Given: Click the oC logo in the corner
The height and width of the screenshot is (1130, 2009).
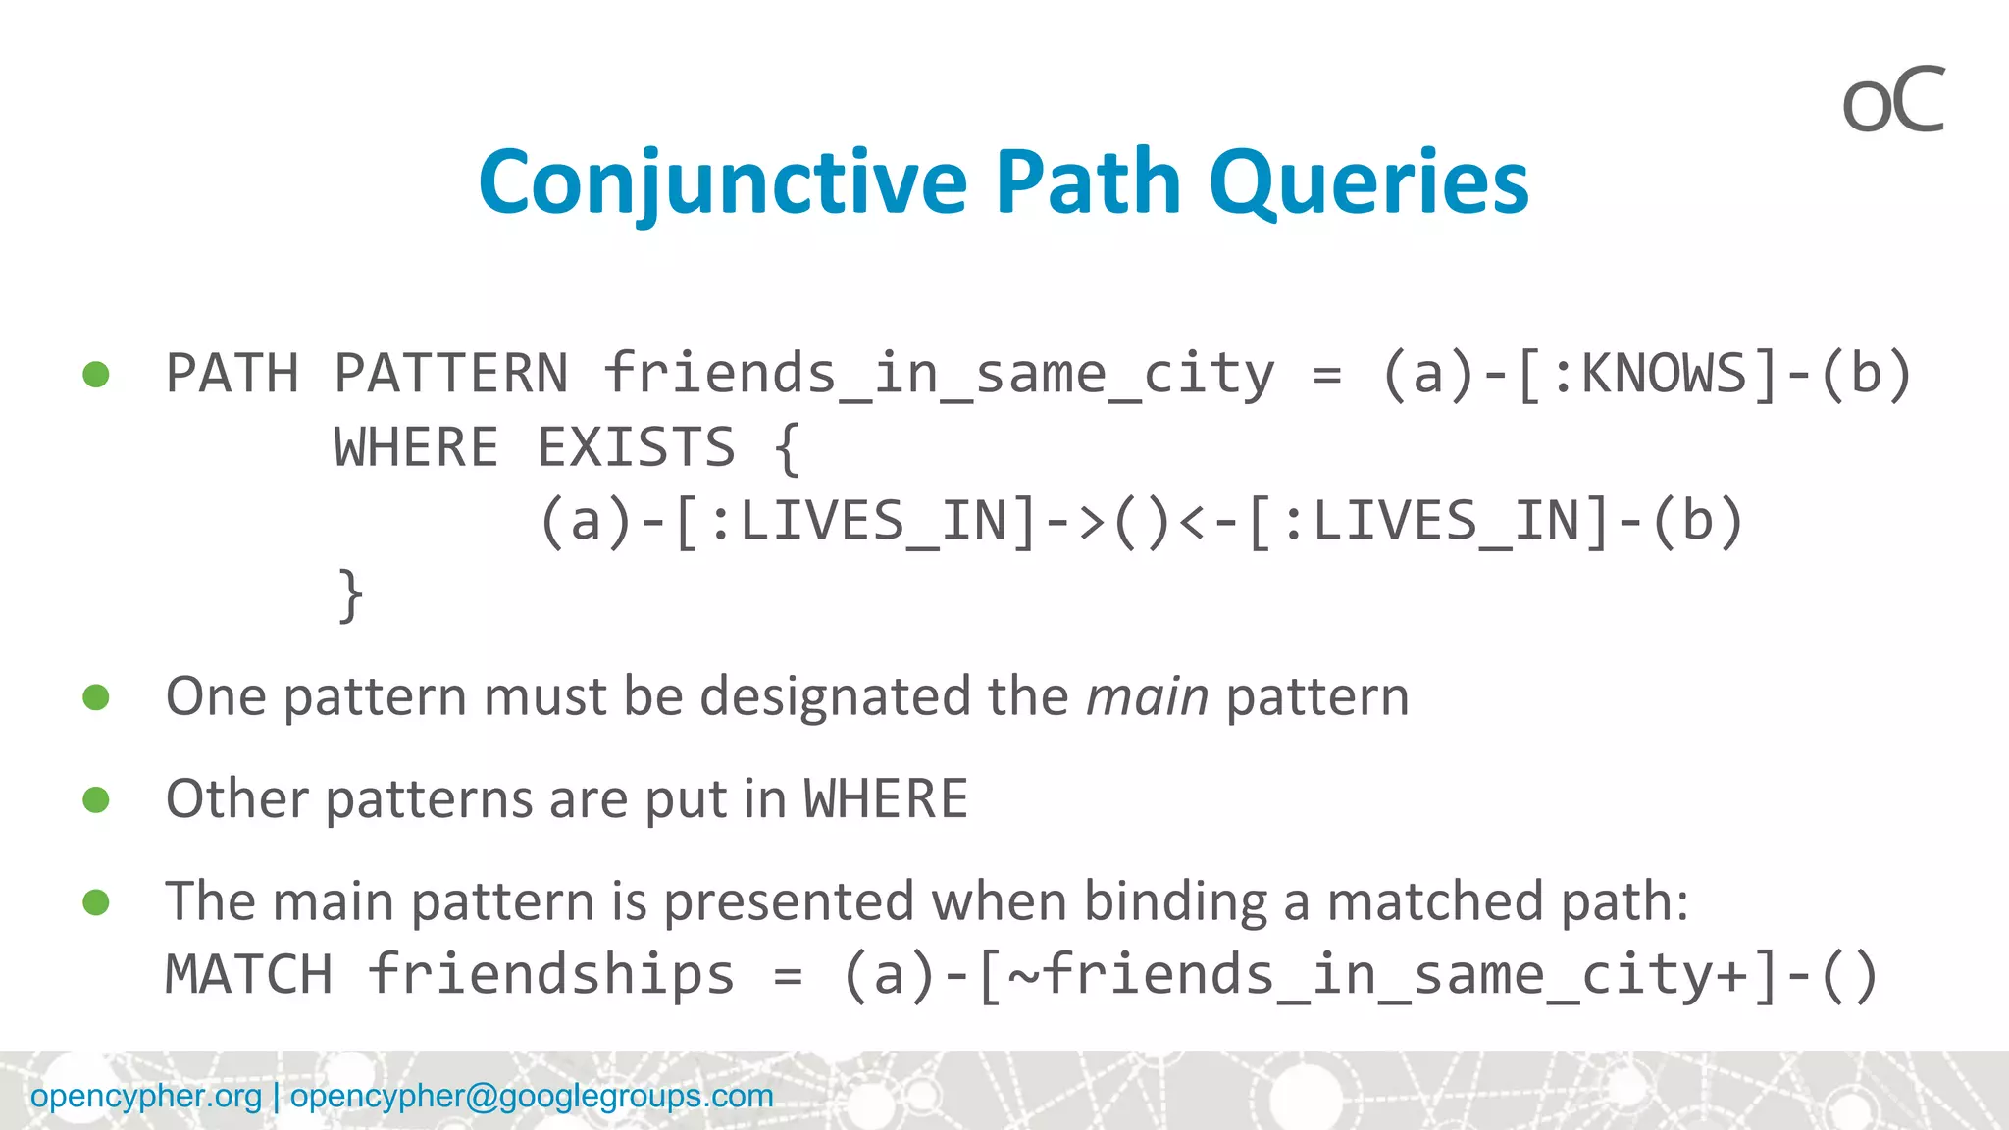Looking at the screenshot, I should pos(1892,100).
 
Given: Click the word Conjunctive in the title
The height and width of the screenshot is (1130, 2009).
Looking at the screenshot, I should pos(723,183).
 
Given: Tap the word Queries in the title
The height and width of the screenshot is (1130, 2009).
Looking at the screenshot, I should pos(1368,183).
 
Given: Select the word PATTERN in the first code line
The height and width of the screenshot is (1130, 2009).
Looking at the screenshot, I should pos(450,374).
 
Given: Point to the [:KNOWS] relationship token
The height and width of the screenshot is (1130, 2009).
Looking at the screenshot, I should pos(1647,374).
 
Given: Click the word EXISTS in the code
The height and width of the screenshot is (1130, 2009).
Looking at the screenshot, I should pos(636,448).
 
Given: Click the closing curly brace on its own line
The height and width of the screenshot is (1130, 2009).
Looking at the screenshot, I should pos(350,595).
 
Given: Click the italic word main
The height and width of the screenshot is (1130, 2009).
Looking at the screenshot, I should pos(1147,697).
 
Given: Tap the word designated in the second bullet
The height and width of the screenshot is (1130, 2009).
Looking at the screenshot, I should pos(835,697).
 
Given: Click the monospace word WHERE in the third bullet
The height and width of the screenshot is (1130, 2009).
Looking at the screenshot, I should pos(886,799).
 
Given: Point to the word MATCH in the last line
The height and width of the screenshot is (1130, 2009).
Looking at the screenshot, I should pos(249,975).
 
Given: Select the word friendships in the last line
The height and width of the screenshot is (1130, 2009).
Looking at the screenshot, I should pos(550,975).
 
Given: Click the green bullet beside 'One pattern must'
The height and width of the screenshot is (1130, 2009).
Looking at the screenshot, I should pos(96,697).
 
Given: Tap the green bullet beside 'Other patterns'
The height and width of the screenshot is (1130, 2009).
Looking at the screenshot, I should pos(96,799).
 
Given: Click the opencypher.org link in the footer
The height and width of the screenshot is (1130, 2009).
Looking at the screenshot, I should pos(146,1096).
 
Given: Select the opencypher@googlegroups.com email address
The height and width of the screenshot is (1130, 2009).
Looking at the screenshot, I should pos(532,1096).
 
